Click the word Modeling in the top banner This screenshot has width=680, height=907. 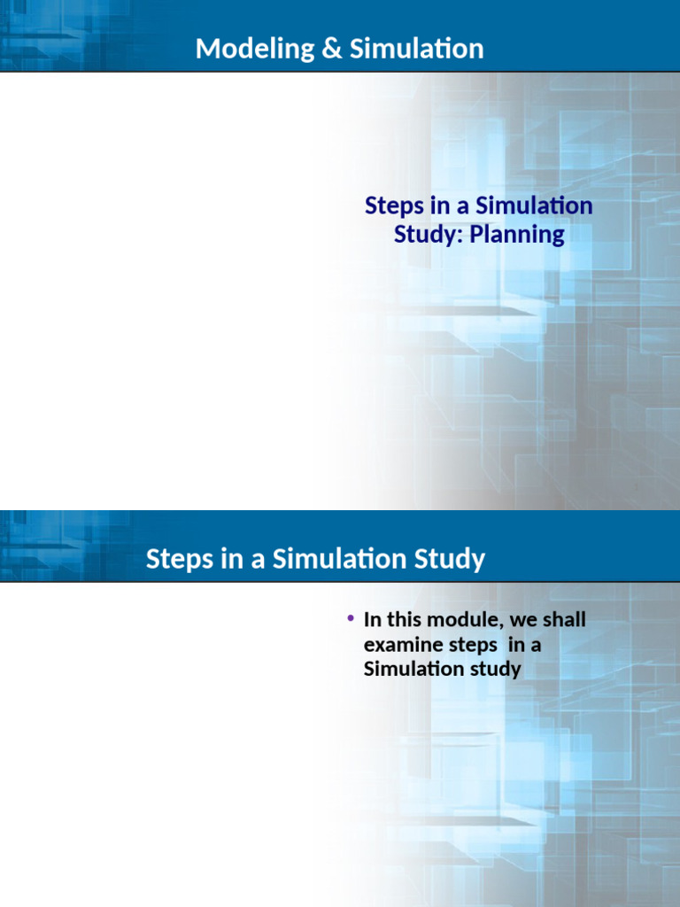[x=255, y=50]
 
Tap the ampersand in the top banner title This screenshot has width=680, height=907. [x=332, y=49]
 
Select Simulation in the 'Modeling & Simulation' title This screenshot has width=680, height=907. [x=416, y=49]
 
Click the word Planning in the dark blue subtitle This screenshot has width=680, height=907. [x=517, y=235]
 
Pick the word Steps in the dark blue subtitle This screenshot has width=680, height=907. [x=395, y=206]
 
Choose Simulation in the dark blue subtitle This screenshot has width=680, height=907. [x=534, y=205]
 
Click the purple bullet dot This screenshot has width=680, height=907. [x=351, y=619]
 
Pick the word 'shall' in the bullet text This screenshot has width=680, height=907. [x=564, y=619]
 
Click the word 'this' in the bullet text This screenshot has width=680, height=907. [x=404, y=619]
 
